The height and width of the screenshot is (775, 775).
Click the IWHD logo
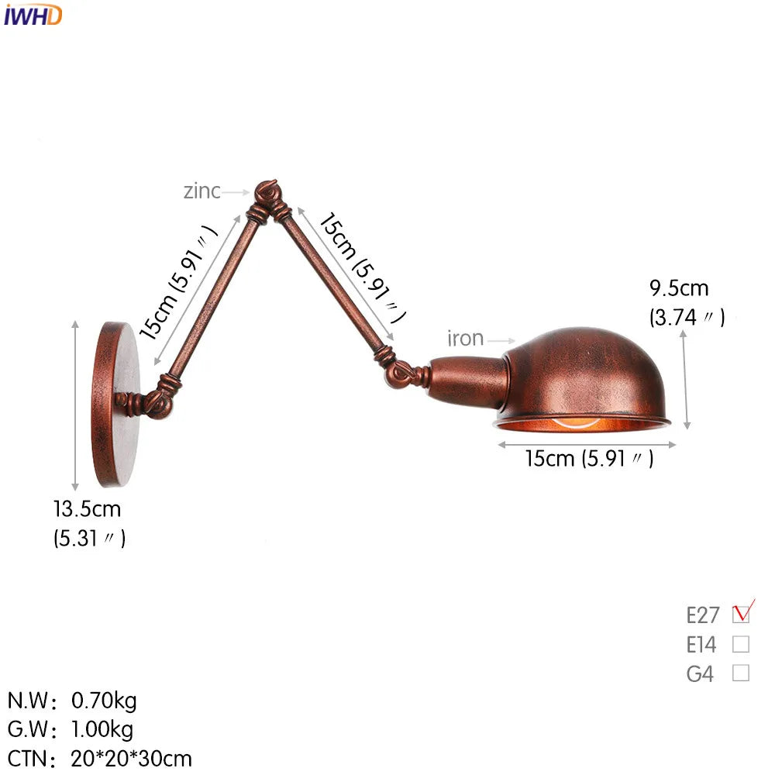(x=33, y=15)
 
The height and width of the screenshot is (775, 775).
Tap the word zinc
(x=201, y=191)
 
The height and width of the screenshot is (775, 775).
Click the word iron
(x=465, y=339)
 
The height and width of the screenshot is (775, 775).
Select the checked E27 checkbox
(x=741, y=614)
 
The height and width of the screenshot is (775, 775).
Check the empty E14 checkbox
(x=741, y=644)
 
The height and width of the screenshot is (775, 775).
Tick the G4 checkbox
(x=741, y=673)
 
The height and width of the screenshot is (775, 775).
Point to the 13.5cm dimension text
(x=88, y=509)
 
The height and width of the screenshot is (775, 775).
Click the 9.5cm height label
(x=679, y=288)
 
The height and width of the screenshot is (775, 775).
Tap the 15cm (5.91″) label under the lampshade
(x=589, y=459)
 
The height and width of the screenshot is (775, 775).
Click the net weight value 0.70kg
(x=104, y=701)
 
